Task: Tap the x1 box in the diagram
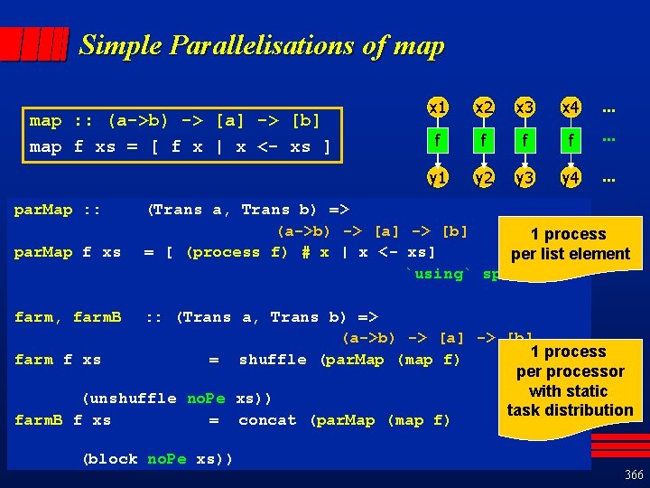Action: [x=438, y=108]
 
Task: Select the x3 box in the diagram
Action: [x=525, y=108]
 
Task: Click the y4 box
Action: [x=570, y=178]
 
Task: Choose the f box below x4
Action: [x=570, y=142]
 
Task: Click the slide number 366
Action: [x=633, y=474]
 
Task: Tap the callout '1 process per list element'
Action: [x=570, y=244]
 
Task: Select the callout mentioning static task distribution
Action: [x=570, y=380]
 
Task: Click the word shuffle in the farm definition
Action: [x=274, y=360]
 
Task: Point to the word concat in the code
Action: [x=267, y=420]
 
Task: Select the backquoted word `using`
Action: [x=439, y=274]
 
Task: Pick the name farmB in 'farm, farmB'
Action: [x=97, y=317]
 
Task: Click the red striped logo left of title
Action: [x=34, y=43]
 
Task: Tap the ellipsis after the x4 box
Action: [x=608, y=108]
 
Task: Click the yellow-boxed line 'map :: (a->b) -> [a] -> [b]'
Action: [x=175, y=120]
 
